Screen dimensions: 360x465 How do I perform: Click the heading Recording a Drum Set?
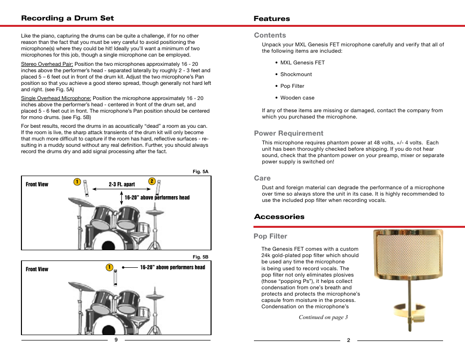click(x=67, y=18)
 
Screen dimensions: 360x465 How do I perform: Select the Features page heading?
click(x=271, y=19)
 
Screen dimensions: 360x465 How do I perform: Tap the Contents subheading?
click(x=270, y=35)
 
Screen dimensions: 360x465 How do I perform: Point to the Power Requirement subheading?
click(x=288, y=133)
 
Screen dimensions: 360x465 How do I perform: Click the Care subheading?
click(x=262, y=178)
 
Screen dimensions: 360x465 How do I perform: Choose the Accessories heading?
click(x=279, y=217)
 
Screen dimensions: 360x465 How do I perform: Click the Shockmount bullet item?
click(x=296, y=74)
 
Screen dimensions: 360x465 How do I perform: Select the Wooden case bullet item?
click(x=297, y=98)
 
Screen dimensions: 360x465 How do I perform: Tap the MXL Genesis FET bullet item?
click(x=302, y=62)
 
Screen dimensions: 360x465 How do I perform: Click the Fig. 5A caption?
click(x=201, y=172)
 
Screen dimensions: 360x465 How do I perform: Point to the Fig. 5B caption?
click(x=201, y=257)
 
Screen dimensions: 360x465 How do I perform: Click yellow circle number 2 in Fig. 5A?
click(x=152, y=181)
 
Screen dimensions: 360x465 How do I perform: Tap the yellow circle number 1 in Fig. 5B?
click(x=110, y=267)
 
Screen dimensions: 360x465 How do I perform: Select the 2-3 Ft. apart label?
click(x=122, y=185)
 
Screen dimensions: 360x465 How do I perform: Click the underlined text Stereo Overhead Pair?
click(x=47, y=64)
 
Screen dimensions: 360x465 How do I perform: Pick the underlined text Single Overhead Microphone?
click(x=56, y=99)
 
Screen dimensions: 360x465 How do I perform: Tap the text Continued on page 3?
click(x=323, y=318)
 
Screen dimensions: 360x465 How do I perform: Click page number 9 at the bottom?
click(x=116, y=340)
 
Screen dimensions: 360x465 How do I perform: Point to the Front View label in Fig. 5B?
click(x=37, y=269)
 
